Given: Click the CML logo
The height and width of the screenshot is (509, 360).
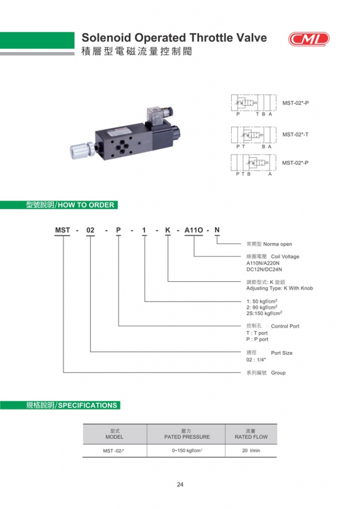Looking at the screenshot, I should point(309,39).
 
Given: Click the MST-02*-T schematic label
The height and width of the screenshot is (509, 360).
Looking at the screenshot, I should point(295,134).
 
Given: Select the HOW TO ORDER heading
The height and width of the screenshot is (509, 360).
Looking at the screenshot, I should point(86,205).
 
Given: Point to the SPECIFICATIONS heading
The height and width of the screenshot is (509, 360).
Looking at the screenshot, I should point(88,405).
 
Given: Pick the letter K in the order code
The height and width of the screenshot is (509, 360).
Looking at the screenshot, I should point(168,230).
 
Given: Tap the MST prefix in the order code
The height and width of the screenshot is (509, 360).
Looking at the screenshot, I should point(63,230).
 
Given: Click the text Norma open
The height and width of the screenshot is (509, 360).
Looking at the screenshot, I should point(277,244).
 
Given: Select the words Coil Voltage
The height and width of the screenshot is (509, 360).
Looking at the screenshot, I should point(285,257).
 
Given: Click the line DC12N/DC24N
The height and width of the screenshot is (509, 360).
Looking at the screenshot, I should point(264,269).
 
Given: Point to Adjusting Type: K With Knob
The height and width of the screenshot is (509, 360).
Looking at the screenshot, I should point(279,288).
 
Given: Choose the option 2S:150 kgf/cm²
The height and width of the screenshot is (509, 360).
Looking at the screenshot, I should point(265,313).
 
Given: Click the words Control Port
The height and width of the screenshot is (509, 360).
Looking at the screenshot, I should point(285,327).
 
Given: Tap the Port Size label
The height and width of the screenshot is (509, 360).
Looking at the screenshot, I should point(281,353).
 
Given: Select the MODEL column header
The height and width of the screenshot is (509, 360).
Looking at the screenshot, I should point(114,437).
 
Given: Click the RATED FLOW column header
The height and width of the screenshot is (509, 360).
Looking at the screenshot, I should point(251,437).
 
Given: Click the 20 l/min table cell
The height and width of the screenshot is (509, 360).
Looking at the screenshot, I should point(251,451).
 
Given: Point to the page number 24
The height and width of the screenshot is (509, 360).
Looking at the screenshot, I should point(180,485).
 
